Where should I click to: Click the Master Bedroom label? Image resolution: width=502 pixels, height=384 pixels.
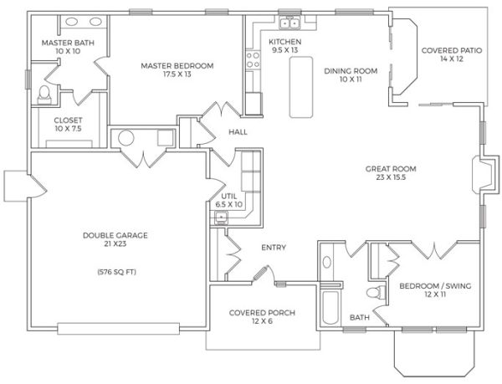click(x=177, y=69)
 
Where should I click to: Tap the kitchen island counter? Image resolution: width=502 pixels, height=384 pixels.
click(x=301, y=87)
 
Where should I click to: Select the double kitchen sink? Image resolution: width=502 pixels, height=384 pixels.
click(x=289, y=23)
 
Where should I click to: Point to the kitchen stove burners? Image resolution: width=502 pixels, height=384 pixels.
click(x=253, y=60)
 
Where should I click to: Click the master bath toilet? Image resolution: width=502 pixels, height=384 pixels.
click(x=44, y=95)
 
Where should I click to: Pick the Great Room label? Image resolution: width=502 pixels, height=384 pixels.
click(x=391, y=173)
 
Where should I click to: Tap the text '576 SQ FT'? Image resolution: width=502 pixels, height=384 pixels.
click(x=117, y=272)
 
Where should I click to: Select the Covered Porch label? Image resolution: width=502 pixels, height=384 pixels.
click(x=262, y=317)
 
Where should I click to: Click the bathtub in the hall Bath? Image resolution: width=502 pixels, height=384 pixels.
click(x=330, y=308)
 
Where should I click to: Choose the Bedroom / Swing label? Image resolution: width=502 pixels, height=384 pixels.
click(x=435, y=290)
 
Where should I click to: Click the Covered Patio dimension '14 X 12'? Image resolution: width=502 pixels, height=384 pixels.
click(x=452, y=59)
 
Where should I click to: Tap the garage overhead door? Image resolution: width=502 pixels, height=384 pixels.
click(x=119, y=329)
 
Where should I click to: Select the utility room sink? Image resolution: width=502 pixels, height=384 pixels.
click(x=221, y=218)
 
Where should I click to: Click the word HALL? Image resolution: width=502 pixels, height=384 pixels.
click(x=238, y=132)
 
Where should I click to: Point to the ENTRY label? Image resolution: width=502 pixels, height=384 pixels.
click(x=274, y=248)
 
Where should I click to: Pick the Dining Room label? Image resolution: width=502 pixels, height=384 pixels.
click(x=351, y=75)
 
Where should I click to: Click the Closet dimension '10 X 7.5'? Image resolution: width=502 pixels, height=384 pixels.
click(x=68, y=129)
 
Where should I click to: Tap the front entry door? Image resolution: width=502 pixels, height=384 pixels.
click(x=260, y=274)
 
